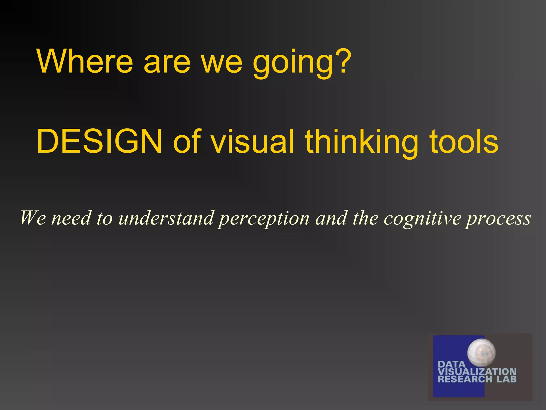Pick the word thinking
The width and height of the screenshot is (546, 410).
pos(361,143)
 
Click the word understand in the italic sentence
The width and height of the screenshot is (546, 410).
pos(166,218)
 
